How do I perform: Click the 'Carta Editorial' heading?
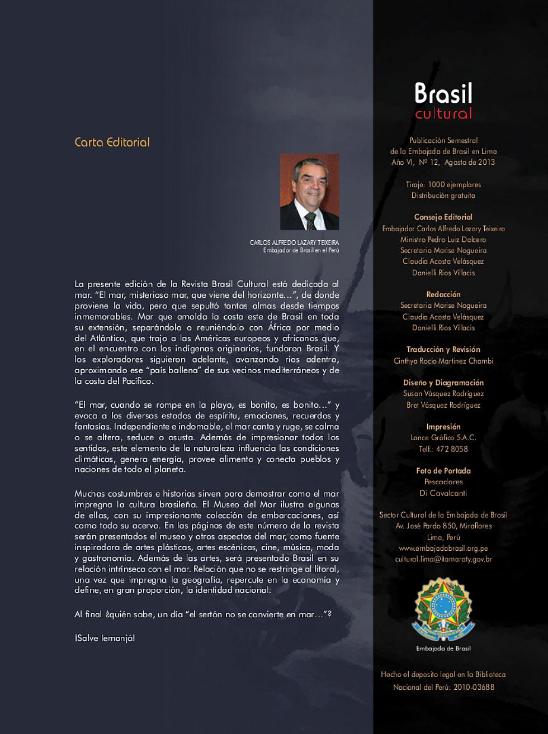tap(112, 142)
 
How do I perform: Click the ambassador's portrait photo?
tap(309, 192)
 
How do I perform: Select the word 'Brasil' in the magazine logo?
tap(443, 93)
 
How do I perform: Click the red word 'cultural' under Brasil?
tap(443, 114)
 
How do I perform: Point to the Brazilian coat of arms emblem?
tap(443, 609)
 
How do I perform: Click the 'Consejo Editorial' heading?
tap(443, 217)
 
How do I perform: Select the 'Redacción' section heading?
tap(443, 294)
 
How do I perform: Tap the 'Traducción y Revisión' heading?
tap(443, 350)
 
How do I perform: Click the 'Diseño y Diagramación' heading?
tap(443, 383)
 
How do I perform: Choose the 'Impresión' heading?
tap(443, 427)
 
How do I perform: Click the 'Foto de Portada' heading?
tap(443, 471)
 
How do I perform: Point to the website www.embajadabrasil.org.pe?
tap(443, 548)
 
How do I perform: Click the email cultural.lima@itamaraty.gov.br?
tap(443, 559)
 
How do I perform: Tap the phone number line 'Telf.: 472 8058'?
tap(443, 449)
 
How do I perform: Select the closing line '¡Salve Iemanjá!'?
tap(105, 638)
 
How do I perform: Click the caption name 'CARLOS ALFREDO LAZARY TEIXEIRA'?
tap(294, 242)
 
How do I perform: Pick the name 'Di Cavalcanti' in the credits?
tap(443, 493)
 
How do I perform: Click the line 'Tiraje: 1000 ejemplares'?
tap(443, 185)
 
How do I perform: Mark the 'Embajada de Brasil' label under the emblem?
tap(443, 649)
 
